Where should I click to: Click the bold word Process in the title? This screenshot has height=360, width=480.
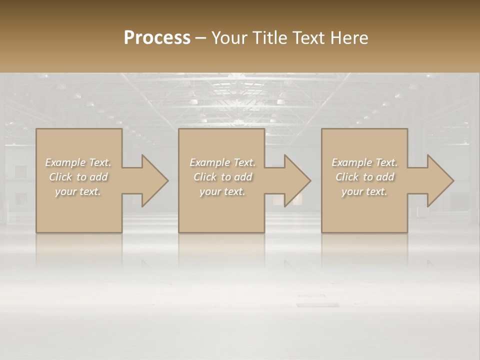point(157,38)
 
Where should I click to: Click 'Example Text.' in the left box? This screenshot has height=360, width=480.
point(78,162)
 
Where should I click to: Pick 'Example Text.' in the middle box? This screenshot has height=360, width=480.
point(222,162)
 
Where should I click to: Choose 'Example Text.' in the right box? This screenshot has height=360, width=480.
point(364,162)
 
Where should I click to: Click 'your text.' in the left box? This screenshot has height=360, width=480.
point(78,191)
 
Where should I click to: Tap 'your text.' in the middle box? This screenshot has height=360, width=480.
point(222,191)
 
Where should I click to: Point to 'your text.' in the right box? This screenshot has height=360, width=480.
point(364,191)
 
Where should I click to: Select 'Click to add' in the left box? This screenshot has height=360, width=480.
point(78,177)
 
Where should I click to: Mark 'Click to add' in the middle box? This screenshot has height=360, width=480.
point(222,177)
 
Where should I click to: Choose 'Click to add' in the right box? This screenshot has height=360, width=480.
point(364,177)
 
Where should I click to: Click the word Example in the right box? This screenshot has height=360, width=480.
point(351,162)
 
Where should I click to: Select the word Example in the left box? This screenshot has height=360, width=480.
point(65,162)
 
